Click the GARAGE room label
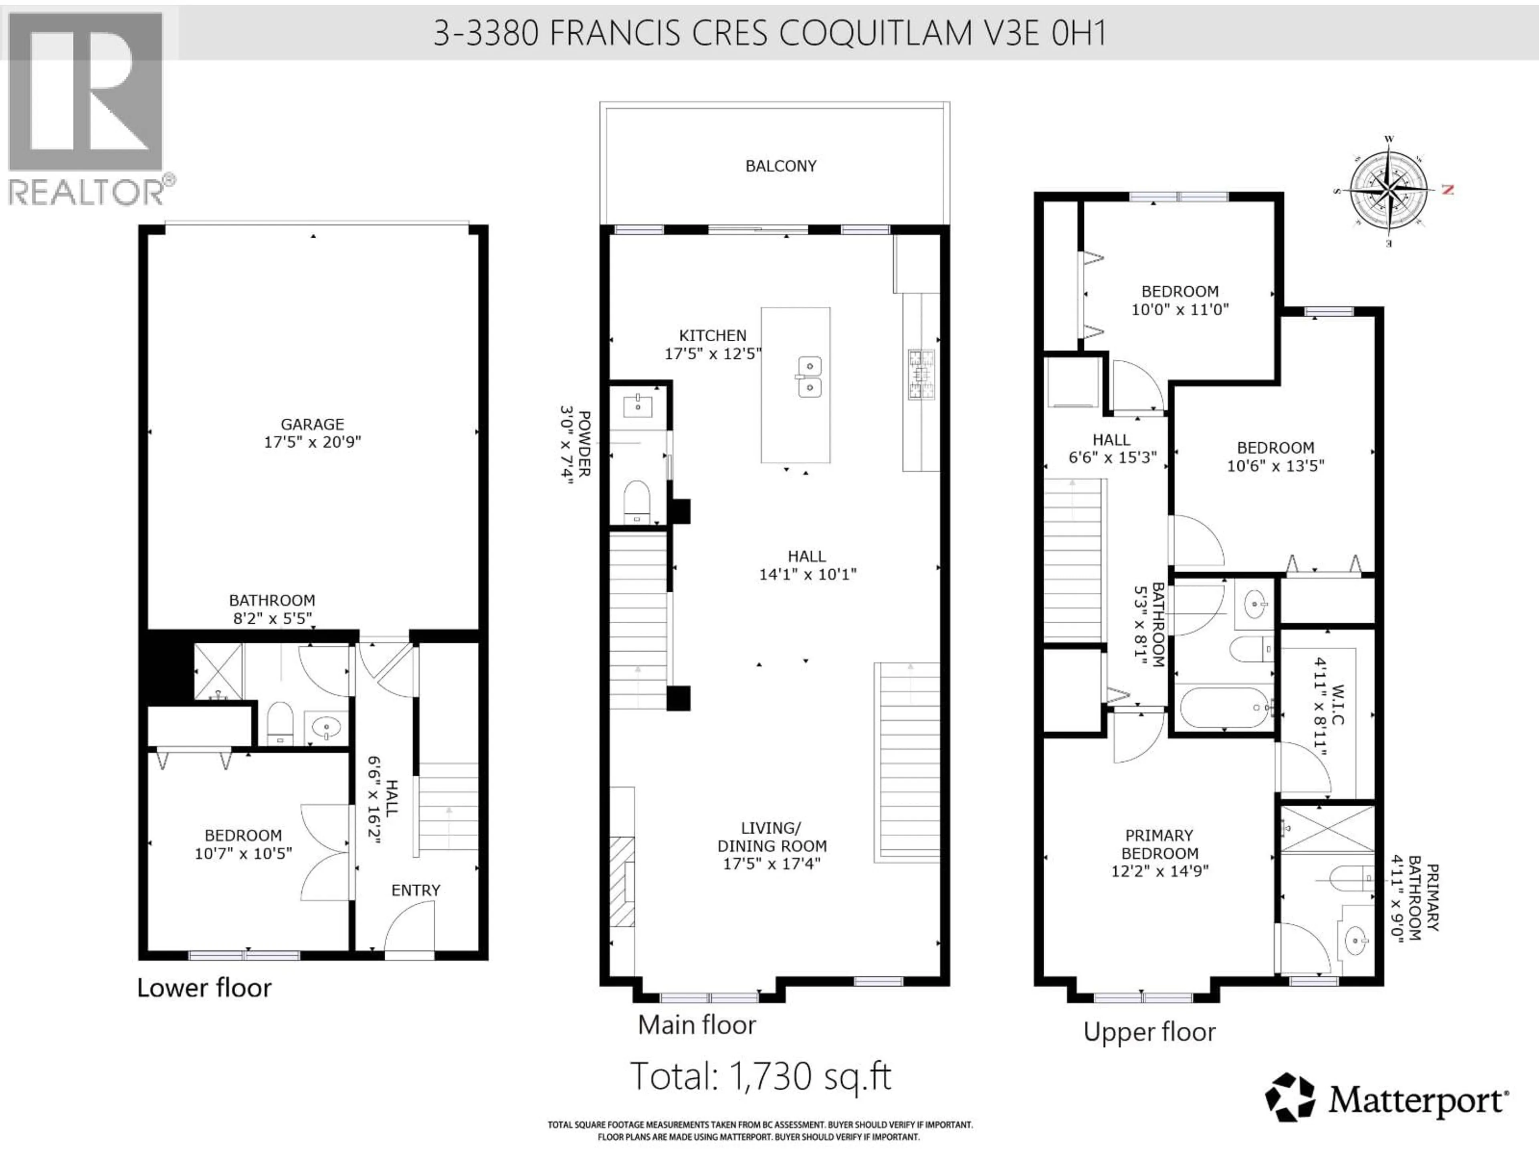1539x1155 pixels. (x=312, y=424)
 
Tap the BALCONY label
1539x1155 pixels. (x=781, y=166)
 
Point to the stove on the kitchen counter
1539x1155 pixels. (x=921, y=375)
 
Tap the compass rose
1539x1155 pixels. (x=1390, y=189)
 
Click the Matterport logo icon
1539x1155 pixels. (x=1289, y=1098)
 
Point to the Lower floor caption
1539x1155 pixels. (x=204, y=988)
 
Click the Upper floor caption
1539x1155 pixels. (x=1149, y=1032)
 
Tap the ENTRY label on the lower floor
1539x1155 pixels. (x=415, y=890)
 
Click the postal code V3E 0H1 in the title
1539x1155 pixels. (x=1044, y=33)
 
